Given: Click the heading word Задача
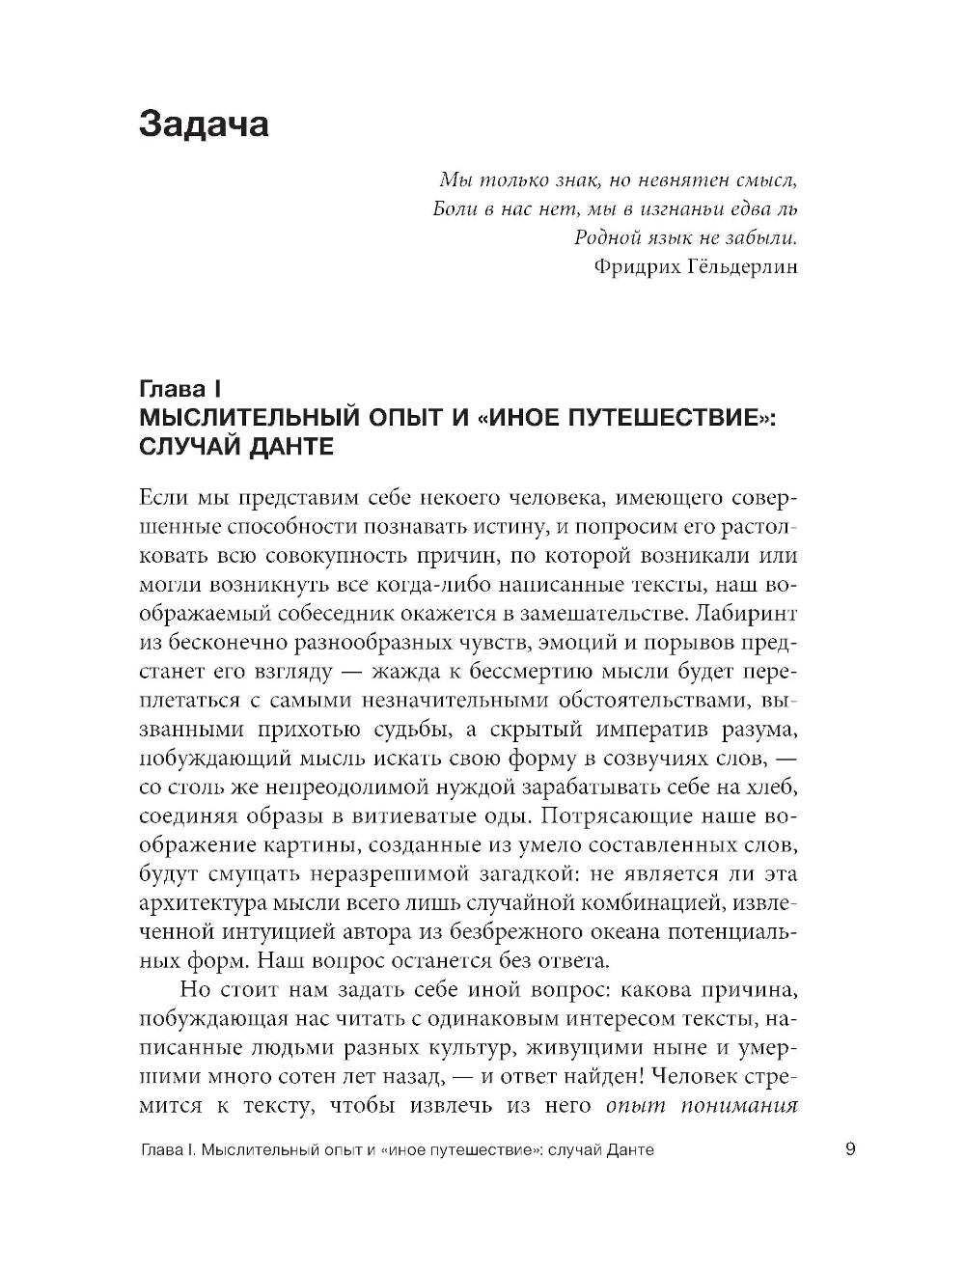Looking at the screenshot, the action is pos(204,124).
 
